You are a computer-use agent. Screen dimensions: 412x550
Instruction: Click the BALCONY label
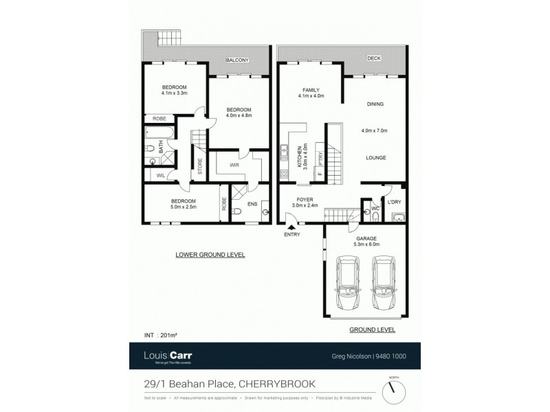246,60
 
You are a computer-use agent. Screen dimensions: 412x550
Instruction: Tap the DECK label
373,58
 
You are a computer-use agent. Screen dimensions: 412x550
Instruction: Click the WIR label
234,165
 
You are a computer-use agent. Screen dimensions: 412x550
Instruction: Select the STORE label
200,168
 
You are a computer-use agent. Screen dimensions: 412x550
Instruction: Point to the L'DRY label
394,202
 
